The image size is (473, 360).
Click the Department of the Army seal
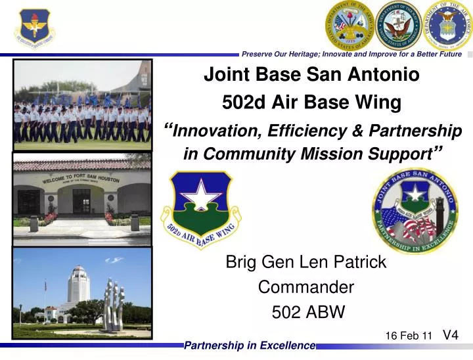click(x=349, y=26)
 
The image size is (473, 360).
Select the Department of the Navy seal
click(x=397, y=26)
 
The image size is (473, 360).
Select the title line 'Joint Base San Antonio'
click(x=311, y=75)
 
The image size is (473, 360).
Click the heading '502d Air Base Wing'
click(x=311, y=102)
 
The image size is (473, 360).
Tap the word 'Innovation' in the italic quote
click(x=217, y=131)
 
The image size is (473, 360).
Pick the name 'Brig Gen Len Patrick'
click(x=305, y=263)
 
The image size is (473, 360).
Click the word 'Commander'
click(x=305, y=287)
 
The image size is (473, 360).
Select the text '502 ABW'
click(x=307, y=313)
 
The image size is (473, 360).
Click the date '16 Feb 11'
click(x=408, y=336)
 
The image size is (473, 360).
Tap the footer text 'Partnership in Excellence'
click(x=250, y=346)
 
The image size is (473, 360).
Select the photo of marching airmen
click(x=82, y=104)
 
